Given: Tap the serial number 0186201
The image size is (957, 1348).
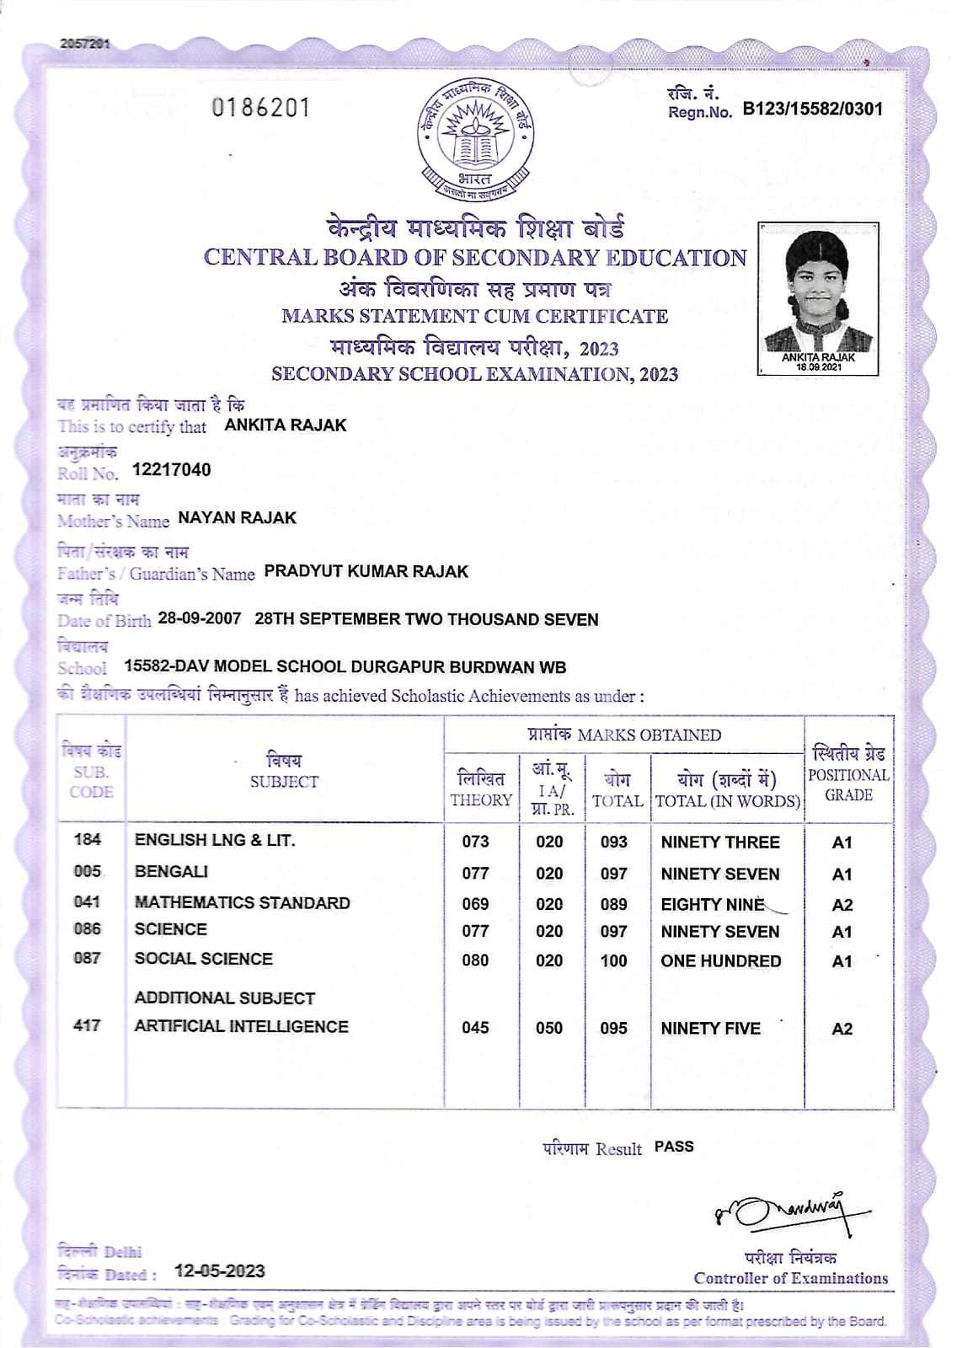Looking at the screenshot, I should [261, 108].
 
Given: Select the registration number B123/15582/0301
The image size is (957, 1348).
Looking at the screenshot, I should [812, 109].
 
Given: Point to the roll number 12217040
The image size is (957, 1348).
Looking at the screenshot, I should [172, 470].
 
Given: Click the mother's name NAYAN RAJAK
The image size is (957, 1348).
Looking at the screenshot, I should [237, 518].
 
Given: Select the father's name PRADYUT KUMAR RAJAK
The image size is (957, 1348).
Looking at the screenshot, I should [366, 571].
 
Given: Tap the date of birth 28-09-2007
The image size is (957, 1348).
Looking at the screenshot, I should [199, 618].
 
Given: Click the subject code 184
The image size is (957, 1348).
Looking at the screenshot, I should [88, 839].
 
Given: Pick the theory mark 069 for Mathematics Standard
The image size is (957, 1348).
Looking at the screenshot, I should [475, 903].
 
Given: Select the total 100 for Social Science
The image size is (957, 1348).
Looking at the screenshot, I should [613, 960].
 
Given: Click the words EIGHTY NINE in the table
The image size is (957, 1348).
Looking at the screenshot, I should [712, 904].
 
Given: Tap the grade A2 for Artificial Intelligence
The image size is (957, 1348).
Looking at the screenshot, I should [842, 1029].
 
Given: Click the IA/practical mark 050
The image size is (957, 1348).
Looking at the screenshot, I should [549, 1028].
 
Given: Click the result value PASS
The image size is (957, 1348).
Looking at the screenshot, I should [674, 1147].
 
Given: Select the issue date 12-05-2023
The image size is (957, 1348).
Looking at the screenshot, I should [219, 1271].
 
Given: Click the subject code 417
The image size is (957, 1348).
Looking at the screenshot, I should [88, 1026].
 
